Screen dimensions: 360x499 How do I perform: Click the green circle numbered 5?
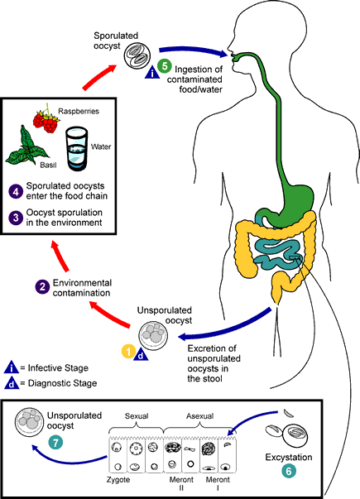click(x=165, y=66)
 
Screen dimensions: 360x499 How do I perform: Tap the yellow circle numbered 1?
click(x=129, y=352)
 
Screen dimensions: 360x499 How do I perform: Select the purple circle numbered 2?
click(x=43, y=286)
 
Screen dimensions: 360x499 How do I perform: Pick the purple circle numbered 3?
click(x=16, y=218)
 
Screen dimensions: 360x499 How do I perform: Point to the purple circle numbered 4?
click(x=16, y=192)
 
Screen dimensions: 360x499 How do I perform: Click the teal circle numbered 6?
click(x=289, y=471)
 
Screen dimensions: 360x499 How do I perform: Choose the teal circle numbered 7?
click(x=55, y=443)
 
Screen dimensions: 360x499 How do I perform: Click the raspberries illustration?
click(x=46, y=119)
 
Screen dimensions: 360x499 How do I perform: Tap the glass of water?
click(x=76, y=149)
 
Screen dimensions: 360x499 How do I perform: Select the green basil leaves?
click(x=26, y=147)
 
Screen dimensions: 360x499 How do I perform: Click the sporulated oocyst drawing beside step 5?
click(x=137, y=56)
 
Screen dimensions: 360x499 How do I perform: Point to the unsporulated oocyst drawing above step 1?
click(x=153, y=336)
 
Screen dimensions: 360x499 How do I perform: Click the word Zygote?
click(x=118, y=480)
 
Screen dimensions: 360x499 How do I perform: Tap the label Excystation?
click(x=289, y=458)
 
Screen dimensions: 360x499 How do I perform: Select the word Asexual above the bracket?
click(x=200, y=416)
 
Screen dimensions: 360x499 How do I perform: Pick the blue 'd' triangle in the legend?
click(x=12, y=383)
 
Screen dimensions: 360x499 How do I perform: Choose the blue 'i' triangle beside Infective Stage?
click(x=12, y=367)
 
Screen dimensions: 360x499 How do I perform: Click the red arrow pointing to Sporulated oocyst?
click(x=98, y=76)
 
